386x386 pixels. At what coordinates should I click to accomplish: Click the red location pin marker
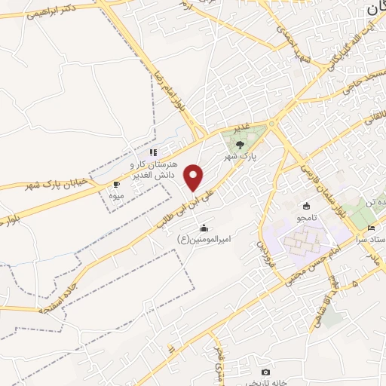[x=195, y=177]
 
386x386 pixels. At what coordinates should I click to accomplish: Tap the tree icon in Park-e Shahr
[x=240, y=143]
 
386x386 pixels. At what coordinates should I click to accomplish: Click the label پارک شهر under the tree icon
[x=241, y=157]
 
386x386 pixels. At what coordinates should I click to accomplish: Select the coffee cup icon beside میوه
[x=116, y=184]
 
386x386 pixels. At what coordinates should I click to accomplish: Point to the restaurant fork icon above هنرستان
[x=153, y=152]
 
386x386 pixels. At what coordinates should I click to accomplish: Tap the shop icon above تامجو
[x=306, y=206]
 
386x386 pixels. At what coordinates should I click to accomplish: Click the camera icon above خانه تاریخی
[x=265, y=372]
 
